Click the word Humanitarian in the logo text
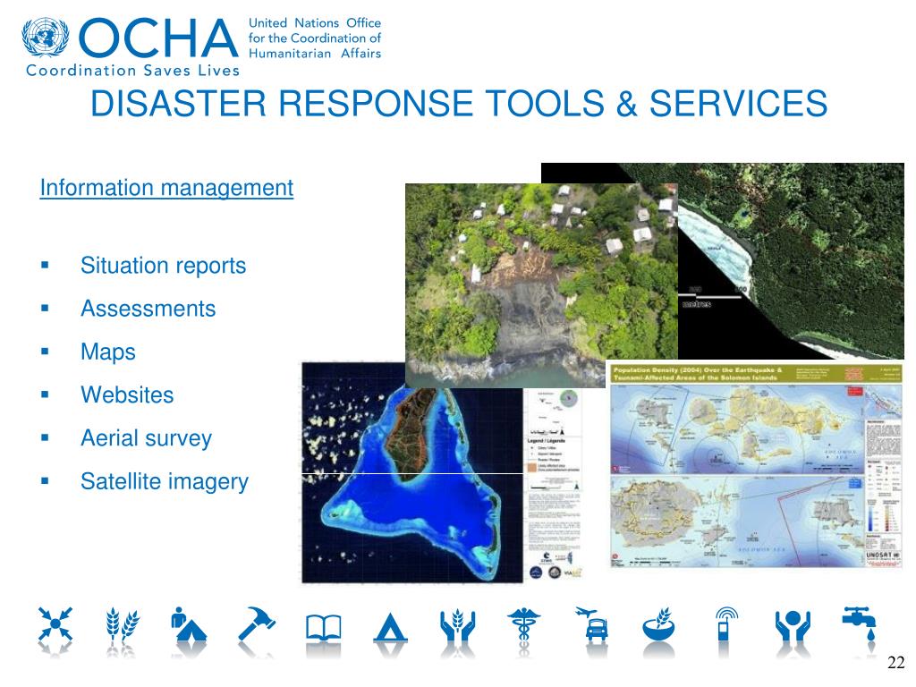285,53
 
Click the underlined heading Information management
166,188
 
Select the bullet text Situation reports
163,266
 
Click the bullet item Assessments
148,309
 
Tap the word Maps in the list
108,352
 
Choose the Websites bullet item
127,394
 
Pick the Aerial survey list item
146,438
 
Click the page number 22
895,663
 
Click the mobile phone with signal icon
725,624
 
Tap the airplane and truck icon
591,624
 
